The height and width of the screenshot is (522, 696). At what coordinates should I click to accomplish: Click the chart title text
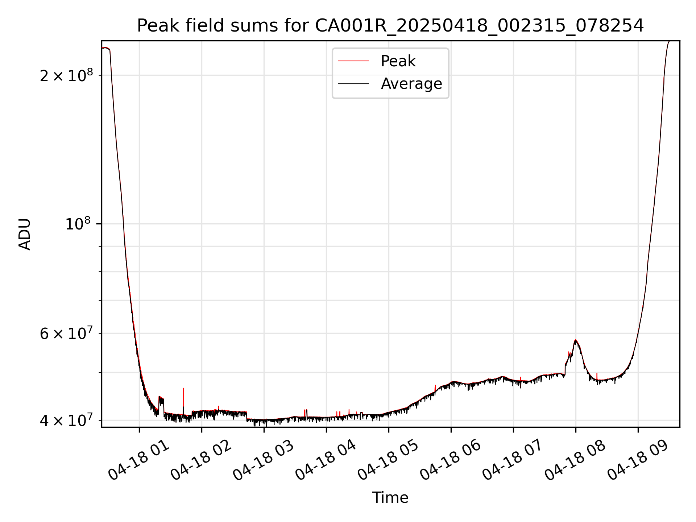[x=390, y=26]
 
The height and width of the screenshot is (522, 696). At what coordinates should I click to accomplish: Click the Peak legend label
[x=398, y=61]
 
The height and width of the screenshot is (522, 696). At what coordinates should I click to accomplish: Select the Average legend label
[x=411, y=84]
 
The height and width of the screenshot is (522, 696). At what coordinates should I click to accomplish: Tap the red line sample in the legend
[x=353, y=61]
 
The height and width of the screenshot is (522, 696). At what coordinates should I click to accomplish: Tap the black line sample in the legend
[x=353, y=84]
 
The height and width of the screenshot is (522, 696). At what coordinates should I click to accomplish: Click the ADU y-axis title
[x=25, y=234]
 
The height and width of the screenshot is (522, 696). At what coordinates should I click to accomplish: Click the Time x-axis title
[x=390, y=498]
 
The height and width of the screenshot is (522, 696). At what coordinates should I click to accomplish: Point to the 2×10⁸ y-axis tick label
[x=66, y=75]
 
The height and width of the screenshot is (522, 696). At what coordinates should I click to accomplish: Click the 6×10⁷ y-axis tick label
[x=66, y=333]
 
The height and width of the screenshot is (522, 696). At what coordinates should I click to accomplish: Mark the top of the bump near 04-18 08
[x=575, y=340]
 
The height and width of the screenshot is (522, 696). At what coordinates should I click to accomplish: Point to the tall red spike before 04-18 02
[x=183, y=389]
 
